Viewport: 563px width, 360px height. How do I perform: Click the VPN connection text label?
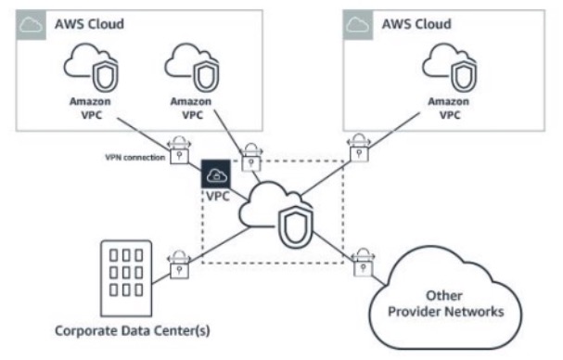click(134, 158)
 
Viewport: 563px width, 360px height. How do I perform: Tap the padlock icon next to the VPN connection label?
click(179, 148)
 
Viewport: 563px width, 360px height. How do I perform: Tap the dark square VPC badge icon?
click(215, 174)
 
